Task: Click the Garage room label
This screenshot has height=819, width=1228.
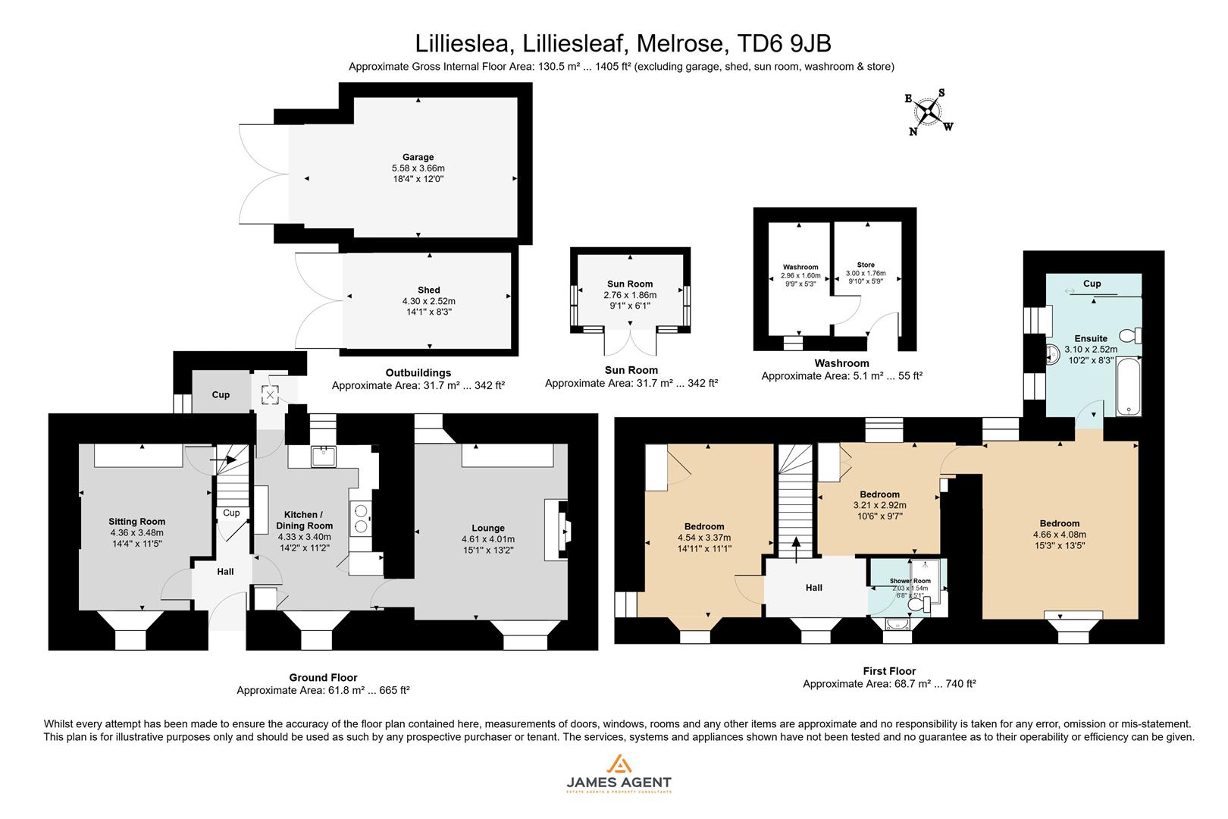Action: point(418,158)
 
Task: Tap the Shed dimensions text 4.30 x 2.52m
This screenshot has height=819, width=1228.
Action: point(428,301)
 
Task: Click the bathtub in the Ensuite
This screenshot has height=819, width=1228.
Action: point(1128,385)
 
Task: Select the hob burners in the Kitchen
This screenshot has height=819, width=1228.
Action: point(360,517)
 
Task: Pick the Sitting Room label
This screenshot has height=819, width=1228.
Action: point(136,522)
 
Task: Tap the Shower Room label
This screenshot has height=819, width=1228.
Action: point(910,581)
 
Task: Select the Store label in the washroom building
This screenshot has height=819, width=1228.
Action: point(865,265)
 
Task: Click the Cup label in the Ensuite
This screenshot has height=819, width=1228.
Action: point(1092,284)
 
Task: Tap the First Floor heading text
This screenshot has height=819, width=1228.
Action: point(889,671)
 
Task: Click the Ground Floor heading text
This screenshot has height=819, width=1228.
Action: point(323,678)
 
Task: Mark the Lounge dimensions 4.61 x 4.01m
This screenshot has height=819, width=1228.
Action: point(488,539)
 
